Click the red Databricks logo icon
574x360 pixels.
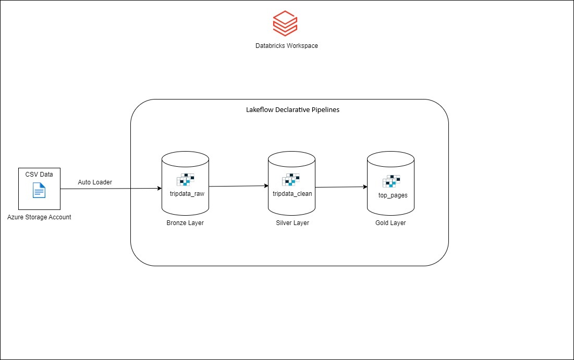[285, 24]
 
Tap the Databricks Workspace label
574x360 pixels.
[286, 46]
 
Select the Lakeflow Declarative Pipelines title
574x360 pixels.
[292, 110]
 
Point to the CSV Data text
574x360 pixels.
[39, 174]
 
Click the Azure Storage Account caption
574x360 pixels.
[39, 217]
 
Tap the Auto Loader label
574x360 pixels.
[95, 182]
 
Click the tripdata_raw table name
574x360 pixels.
[186, 193]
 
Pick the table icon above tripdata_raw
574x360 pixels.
[186, 180]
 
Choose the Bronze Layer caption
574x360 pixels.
[186, 223]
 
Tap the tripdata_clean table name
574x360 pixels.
[292, 194]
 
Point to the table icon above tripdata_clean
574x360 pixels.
[291, 180]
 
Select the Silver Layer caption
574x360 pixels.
[292, 223]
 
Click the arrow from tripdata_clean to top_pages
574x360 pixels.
[341, 187]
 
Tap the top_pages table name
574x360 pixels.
[393, 195]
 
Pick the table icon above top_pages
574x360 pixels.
[392, 181]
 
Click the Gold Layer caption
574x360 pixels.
[390, 223]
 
